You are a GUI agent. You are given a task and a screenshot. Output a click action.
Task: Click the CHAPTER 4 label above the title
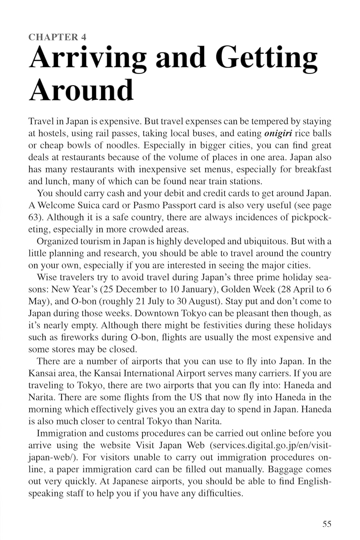(x=57, y=37)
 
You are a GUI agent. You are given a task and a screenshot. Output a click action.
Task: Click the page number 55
(x=327, y=524)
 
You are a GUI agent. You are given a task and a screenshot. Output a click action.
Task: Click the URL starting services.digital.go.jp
(x=270, y=445)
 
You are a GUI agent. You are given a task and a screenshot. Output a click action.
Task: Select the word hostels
(x=48, y=134)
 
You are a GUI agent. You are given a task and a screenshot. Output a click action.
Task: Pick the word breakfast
(x=313, y=170)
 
